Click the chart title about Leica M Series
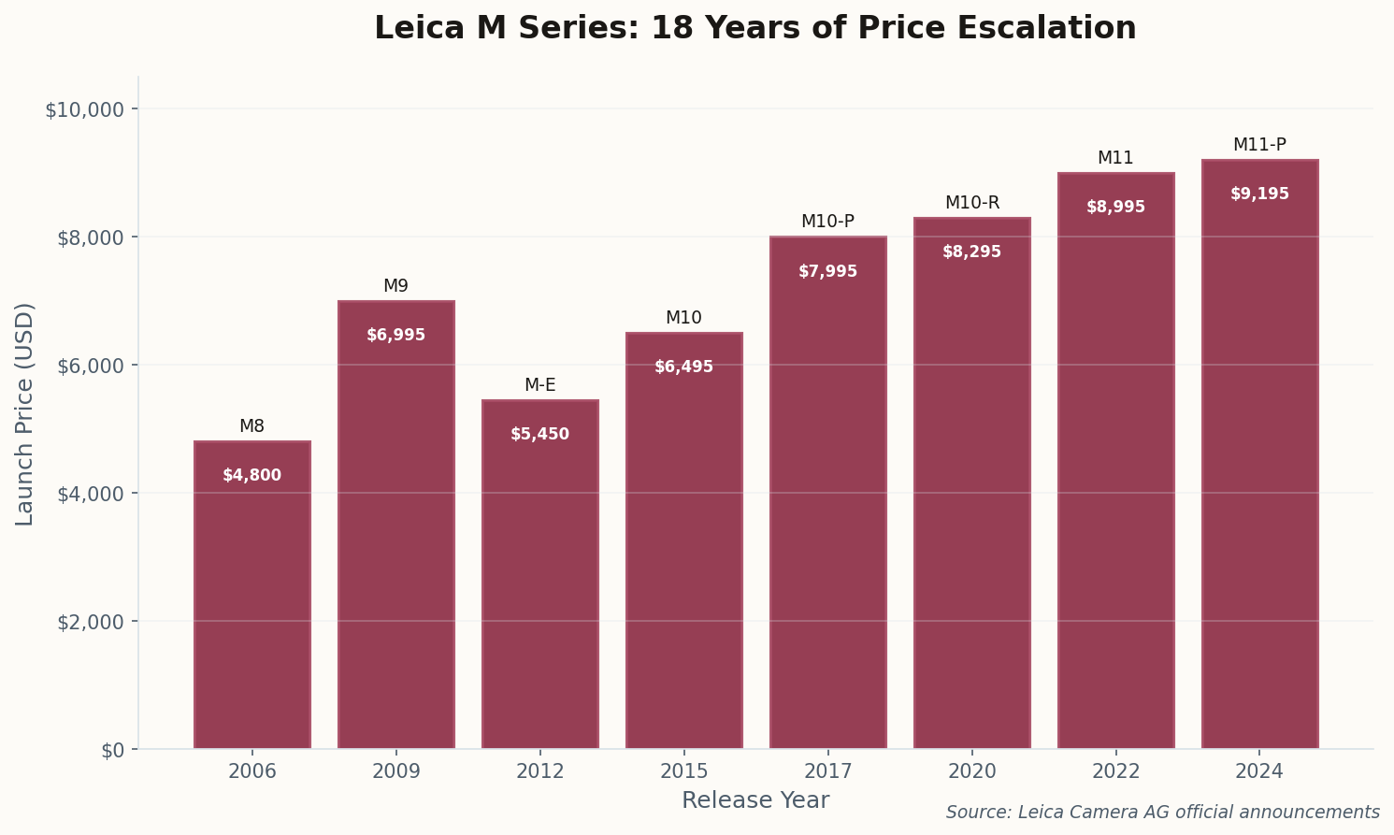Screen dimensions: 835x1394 pyautogui.click(x=754, y=28)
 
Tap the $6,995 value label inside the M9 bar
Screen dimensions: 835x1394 pyautogui.click(x=395, y=335)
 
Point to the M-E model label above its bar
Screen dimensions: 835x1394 pyautogui.click(x=539, y=385)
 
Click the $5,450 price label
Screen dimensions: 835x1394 pyautogui.click(x=539, y=435)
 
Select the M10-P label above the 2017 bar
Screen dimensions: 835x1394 pyautogui.click(x=827, y=222)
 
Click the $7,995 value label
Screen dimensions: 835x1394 pyautogui.click(x=827, y=272)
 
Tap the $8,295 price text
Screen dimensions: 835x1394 pyautogui.click(x=971, y=252)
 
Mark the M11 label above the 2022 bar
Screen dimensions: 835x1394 pyautogui.click(x=1115, y=158)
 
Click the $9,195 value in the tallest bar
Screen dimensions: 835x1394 pyautogui.click(x=1259, y=194)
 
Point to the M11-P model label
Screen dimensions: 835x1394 pyautogui.click(x=1259, y=145)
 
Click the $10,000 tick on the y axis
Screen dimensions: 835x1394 pyautogui.click(x=84, y=109)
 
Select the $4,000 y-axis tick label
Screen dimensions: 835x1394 pyautogui.click(x=89, y=494)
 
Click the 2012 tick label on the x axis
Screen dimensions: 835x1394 pyautogui.click(x=539, y=772)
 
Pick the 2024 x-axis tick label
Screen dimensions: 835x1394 pyautogui.click(x=1259, y=772)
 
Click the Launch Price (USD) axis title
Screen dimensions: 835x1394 pyautogui.click(x=25, y=413)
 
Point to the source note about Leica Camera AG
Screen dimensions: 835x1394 pyautogui.click(x=1162, y=813)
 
